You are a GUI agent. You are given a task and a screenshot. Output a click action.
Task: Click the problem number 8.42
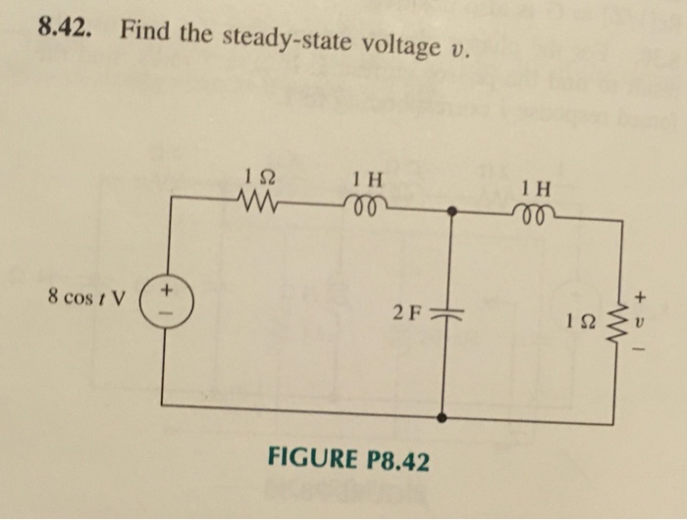click(68, 28)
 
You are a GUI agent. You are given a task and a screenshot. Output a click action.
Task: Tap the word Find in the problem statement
click(147, 32)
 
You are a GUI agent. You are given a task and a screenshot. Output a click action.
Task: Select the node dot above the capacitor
click(450, 211)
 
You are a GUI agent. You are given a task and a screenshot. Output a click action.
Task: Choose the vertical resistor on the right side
click(618, 319)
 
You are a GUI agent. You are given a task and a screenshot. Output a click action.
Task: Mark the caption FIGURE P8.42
click(348, 460)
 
